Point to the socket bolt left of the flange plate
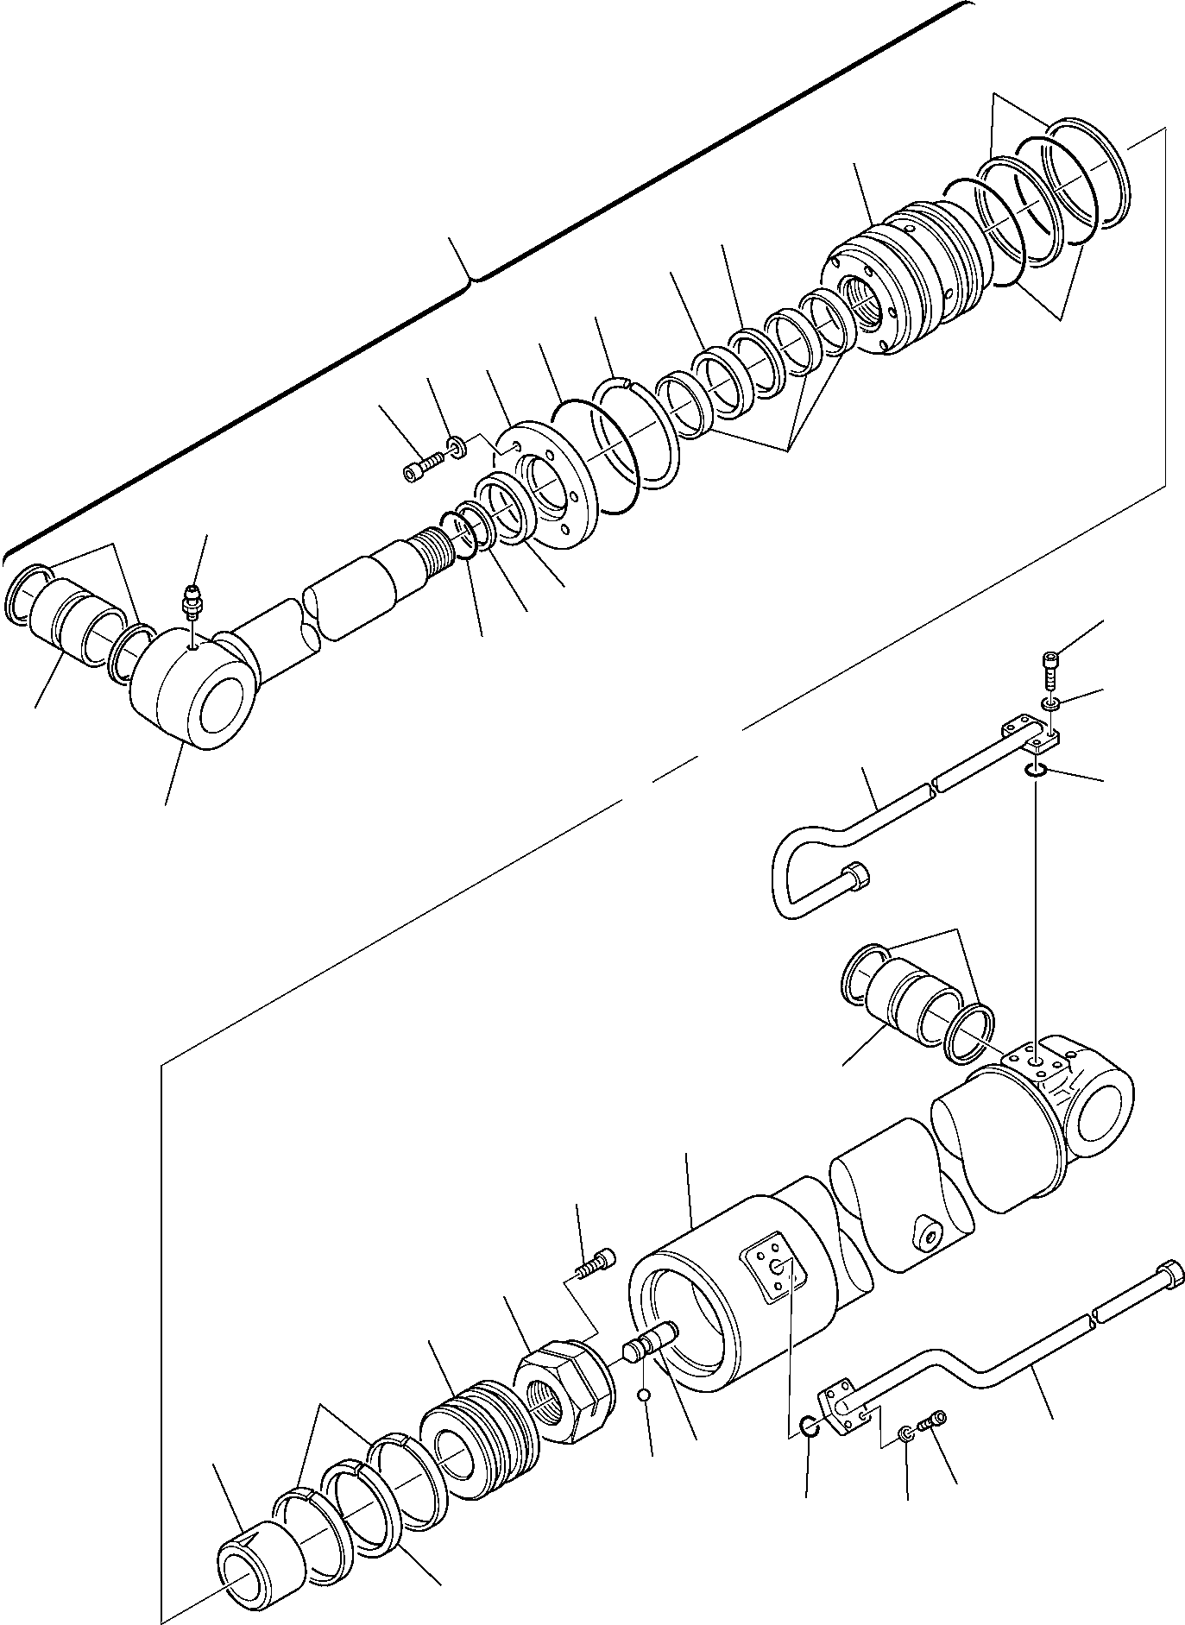point(421,468)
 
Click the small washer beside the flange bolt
point(457,447)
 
